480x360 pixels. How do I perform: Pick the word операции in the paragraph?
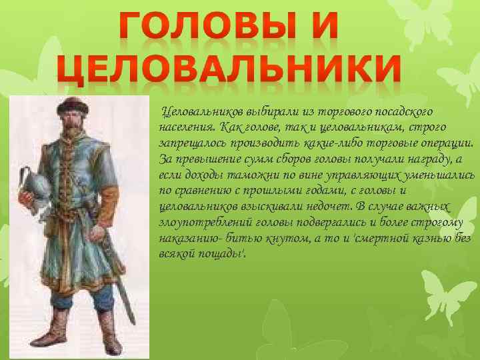click(x=447, y=143)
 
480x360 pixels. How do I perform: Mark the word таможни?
click(x=249, y=175)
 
